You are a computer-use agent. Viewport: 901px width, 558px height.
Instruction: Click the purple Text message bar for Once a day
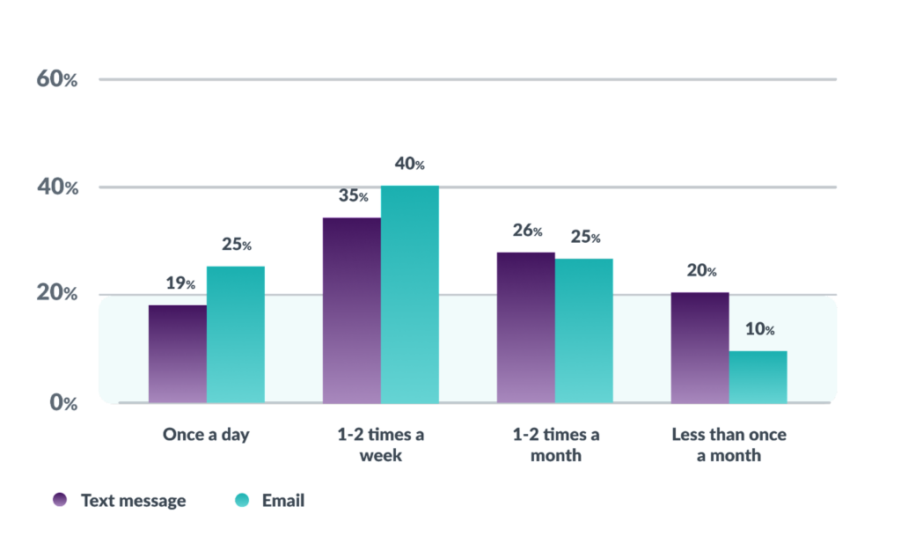pos(178,354)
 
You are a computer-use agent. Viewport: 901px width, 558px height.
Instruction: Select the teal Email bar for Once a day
pos(236,334)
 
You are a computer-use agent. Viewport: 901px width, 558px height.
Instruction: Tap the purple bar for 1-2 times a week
pos(351,310)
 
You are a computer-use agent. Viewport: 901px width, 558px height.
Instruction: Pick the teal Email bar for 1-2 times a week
pos(410,294)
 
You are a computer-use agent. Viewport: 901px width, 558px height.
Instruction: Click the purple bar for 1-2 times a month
pos(525,327)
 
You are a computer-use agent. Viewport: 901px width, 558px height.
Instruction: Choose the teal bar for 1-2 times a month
pos(584,330)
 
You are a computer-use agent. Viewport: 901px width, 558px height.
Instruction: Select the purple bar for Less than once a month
pos(700,347)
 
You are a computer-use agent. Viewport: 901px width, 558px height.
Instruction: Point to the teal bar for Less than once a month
pos(758,377)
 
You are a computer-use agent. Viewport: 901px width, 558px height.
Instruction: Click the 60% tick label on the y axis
pos(57,79)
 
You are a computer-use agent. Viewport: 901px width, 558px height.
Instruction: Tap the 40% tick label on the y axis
pos(57,187)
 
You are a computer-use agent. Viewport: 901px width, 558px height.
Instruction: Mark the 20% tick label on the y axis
pos(57,294)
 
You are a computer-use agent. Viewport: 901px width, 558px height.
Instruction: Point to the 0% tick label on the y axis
pos(62,402)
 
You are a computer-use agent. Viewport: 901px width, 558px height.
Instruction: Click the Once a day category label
pos(206,435)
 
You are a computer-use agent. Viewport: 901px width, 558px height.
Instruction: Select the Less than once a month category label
pos(729,445)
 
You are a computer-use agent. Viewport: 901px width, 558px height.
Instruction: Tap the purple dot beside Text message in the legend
pos(60,500)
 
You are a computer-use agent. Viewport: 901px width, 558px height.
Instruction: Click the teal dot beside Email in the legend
pos(242,500)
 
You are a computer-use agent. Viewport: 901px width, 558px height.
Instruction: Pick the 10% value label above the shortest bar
pos(759,330)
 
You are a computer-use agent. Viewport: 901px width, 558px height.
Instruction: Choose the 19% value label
pos(179,283)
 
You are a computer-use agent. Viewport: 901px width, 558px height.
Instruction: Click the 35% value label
pos(353,195)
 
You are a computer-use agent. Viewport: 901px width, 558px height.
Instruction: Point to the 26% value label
pos(527,231)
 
